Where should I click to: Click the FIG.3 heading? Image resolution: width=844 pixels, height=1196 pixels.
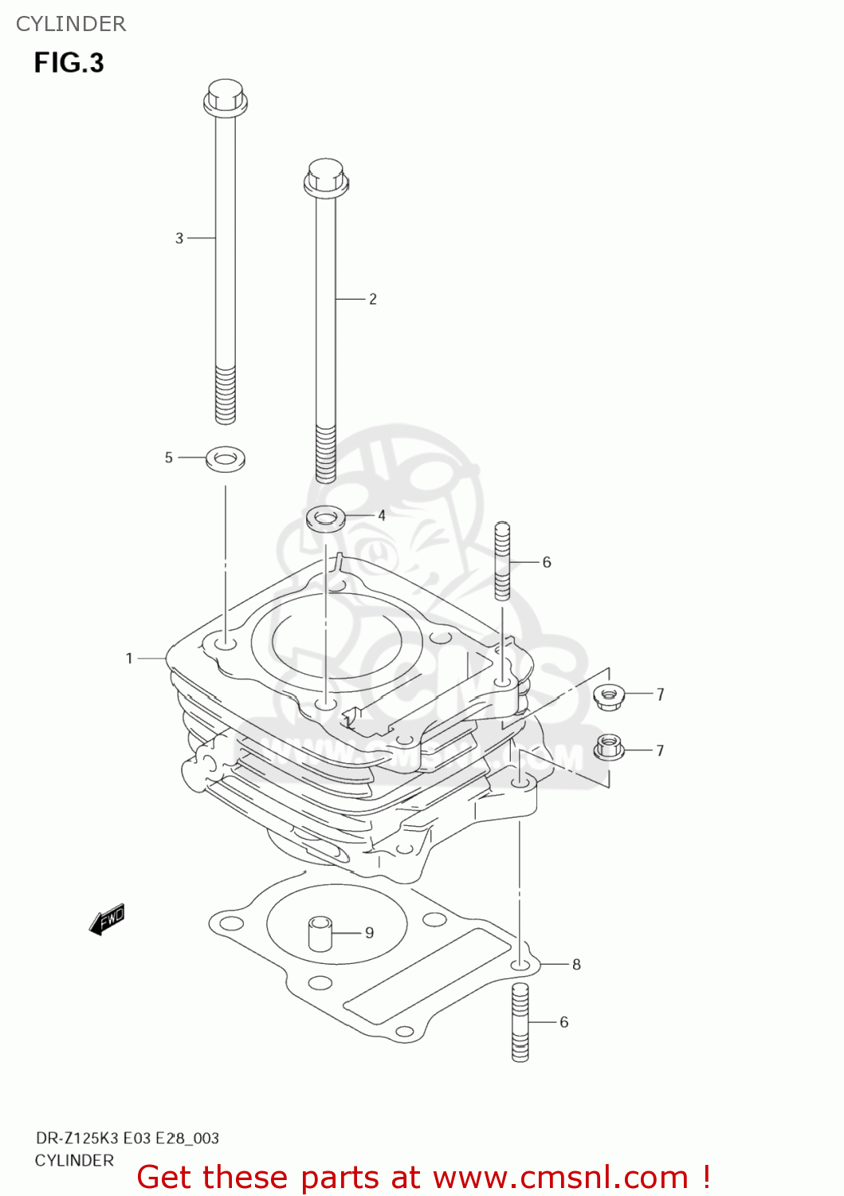click(x=69, y=63)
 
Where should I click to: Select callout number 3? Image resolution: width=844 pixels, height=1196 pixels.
click(x=179, y=238)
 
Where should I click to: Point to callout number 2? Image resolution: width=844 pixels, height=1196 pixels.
click(x=372, y=299)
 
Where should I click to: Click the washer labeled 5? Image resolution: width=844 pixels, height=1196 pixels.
click(x=226, y=458)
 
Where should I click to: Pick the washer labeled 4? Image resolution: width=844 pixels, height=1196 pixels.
click(x=326, y=518)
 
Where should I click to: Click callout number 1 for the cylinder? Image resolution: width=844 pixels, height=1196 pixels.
click(x=129, y=659)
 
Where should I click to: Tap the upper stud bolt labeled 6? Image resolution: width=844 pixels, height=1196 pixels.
click(x=502, y=561)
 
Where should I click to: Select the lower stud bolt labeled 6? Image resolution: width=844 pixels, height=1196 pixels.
click(x=520, y=1021)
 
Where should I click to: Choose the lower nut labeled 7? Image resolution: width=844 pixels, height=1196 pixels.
click(x=609, y=749)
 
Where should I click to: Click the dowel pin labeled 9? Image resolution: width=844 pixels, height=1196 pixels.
click(x=320, y=934)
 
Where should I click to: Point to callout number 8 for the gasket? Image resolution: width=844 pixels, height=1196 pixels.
click(x=576, y=965)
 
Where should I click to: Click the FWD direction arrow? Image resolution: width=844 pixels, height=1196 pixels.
click(x=107, y=919)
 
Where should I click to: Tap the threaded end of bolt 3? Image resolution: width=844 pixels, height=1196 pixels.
click(x=226, y=395)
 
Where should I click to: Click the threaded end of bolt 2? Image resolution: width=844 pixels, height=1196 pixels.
click(x=325, y=454)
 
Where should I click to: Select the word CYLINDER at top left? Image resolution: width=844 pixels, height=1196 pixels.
click(x=71, y=24)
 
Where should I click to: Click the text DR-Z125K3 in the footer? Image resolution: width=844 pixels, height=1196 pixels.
click(x=77, y=1138)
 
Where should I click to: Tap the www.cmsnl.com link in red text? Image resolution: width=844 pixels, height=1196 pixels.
click(x=561, y=1178)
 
